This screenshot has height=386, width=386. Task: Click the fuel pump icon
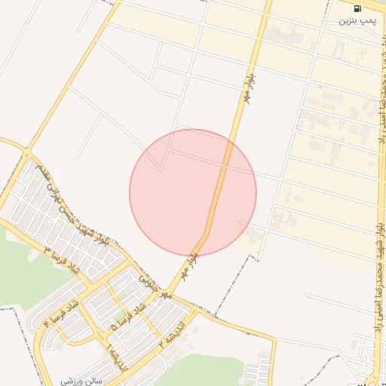pos(356,8)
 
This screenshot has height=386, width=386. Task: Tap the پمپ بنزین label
pos(356,21)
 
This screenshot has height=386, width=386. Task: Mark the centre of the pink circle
pos(193,192)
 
